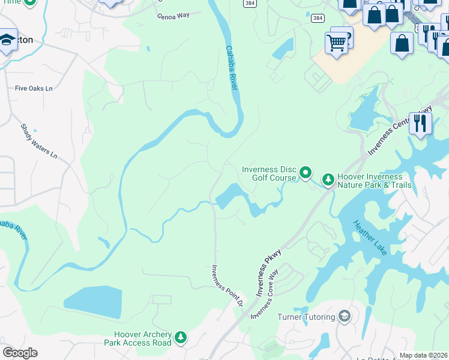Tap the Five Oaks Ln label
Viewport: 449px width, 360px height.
[34, 89]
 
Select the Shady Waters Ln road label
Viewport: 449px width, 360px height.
[39, 142]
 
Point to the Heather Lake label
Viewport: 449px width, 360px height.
[370, 238]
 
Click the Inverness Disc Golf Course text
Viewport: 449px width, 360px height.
[269, 173]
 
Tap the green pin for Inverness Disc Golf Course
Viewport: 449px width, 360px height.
[306, 173]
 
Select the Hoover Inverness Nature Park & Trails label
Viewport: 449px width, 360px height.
[374, 181]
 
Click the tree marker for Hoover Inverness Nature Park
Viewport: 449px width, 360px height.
[328, 179]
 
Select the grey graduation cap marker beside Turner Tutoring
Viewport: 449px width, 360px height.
[344, 316]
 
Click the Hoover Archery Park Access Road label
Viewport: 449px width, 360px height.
[143, 338]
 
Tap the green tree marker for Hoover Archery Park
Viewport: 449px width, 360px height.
[180, 339]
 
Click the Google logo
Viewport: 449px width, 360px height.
[19, 353]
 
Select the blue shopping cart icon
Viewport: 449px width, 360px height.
[336, 43]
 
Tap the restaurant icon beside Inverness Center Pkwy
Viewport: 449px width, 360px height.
[420, 124]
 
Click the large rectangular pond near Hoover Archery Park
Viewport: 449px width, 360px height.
[92, 302]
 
